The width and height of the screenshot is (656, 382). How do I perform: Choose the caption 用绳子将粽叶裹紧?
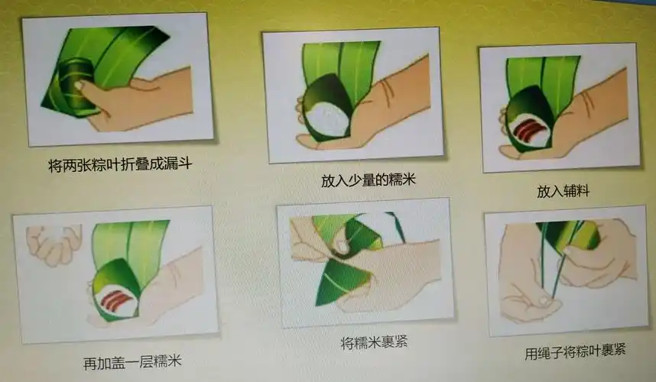coord(575,351)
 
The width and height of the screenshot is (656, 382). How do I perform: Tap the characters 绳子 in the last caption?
coord(549,351)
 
